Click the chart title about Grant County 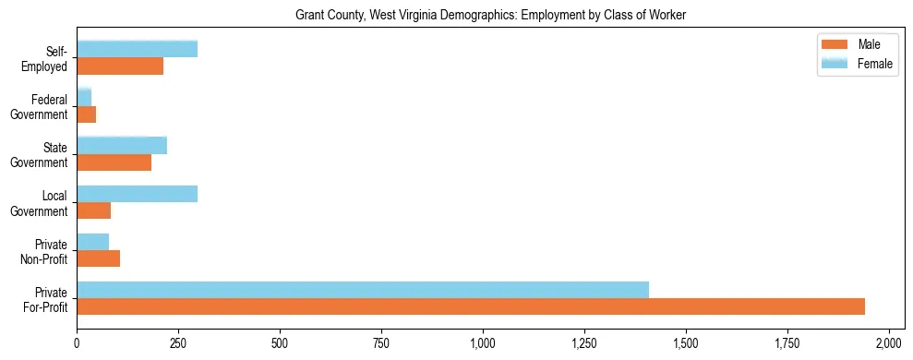click(x=490, y=16)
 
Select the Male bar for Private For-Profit click(x=471, y=306)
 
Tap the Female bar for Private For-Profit click(x=363, y=290)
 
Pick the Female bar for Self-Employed click(x=137, y=49)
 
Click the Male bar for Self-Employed click(x=120, y=66)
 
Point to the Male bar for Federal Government click(x=86, y=114)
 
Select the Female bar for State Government click(x=122, y=145)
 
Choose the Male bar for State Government click(x=114, y=162)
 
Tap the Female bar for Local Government click(x=137, y=193)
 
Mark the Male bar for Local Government click(x=93, y=210)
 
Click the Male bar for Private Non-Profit click(x=98, y=258)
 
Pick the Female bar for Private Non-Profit click(x=92, y=242)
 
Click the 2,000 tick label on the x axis click(x=888, y=343)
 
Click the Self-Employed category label click(x=45, y=59)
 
